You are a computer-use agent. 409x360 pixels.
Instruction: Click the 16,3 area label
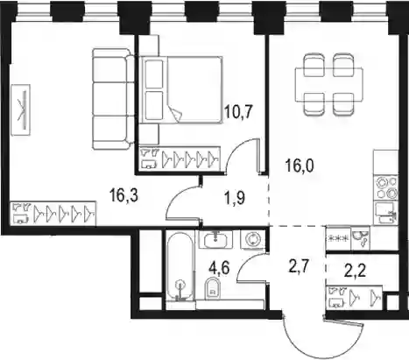[123, 195]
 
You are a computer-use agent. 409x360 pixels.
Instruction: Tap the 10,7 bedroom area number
[238, 111]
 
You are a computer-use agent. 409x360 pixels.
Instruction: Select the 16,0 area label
[300, 166]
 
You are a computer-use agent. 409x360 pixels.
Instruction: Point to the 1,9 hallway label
[235, 199]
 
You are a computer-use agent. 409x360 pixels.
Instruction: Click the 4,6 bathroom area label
[219, 267]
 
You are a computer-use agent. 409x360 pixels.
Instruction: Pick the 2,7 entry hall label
[299, 267]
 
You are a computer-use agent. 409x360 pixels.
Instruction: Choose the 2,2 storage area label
[356, 272]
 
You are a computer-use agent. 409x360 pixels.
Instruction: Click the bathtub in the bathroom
[180, 266]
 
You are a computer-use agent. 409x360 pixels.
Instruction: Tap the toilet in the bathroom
[213, 288]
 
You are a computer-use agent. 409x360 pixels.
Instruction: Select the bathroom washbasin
[215, 240]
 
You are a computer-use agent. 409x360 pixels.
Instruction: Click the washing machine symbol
[252, 239]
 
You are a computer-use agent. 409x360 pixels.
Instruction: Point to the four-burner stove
[386, 188]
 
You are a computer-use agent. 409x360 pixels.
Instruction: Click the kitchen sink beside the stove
[385, 213]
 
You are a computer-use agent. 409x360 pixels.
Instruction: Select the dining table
[329, 85]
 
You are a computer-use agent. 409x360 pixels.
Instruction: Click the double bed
[180, 89]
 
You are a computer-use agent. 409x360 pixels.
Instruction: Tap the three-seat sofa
[113, 99]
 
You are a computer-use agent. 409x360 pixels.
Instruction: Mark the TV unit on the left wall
[21, 110]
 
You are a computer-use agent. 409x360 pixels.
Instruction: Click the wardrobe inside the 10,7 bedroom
[180, 158]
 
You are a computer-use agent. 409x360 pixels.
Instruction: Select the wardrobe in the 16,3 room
[53, 213]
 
